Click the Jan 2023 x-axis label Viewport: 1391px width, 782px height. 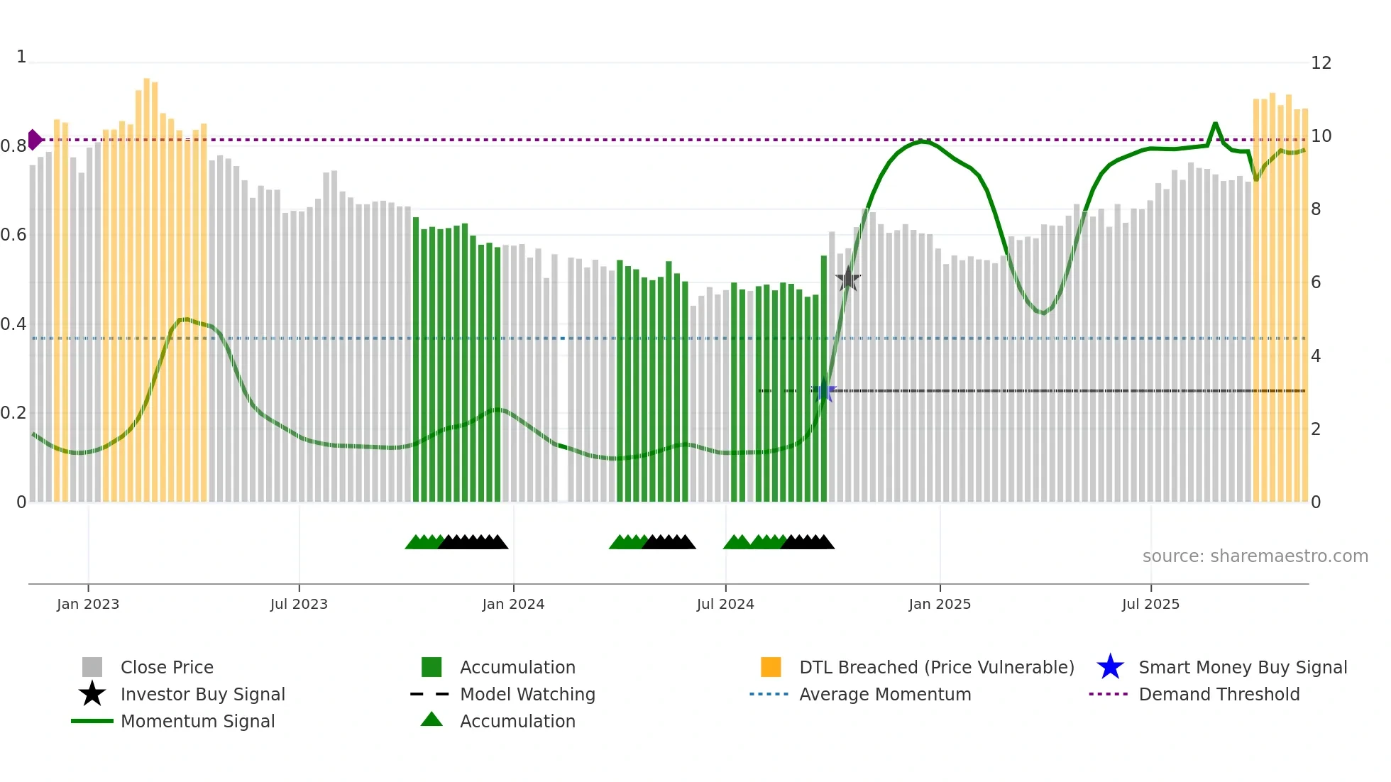point(88,604)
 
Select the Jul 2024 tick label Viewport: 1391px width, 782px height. point(725,604)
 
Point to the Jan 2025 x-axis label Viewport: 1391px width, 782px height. point(940,604)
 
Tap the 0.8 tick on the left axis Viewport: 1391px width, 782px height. point(13,146)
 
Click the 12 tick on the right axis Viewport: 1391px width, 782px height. point(1321,63)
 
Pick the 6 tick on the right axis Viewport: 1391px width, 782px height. point(1316,282)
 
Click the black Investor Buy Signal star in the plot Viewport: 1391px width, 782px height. point(847,280)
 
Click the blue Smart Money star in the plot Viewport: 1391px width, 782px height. point(824,391)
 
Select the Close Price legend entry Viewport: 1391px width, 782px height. point(167,667)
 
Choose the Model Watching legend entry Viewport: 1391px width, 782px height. point(527,694)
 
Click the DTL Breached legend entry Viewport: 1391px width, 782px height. point(936,667)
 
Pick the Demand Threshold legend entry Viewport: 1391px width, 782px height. point(1219,694)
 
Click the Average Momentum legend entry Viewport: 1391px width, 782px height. point(884,694)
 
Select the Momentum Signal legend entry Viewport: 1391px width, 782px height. point(197,721)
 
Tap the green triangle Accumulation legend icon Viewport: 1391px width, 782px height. point(431,720)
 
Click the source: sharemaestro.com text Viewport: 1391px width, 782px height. point(1255,556)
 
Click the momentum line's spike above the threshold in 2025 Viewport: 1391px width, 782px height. point(1215,124)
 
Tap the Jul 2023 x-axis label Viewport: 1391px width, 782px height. point(299,604)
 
